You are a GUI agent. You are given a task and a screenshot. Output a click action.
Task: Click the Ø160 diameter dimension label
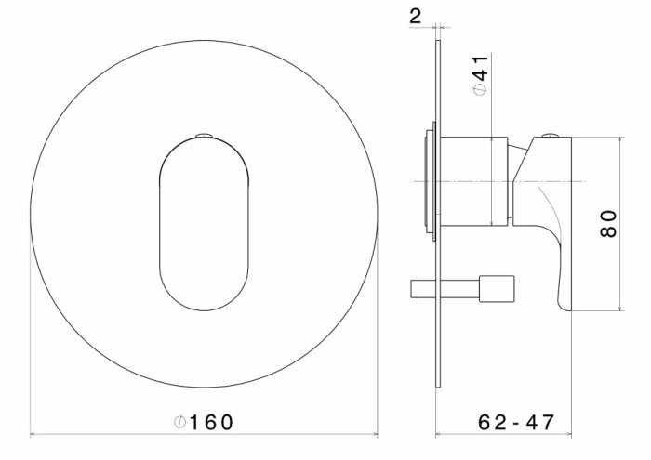point(204,422)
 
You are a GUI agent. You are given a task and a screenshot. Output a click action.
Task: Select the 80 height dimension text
point(608,224)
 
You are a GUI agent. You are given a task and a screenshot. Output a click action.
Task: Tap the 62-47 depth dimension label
point(516,422)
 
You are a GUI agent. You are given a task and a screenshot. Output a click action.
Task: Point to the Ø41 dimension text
point(481,75)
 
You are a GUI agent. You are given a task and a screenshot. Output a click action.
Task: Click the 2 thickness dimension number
point(415,16)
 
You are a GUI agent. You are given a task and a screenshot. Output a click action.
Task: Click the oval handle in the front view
point(205,223)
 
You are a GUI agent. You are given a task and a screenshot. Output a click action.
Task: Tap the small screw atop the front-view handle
point(205,136)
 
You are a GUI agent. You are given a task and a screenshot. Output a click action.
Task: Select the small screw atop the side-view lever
point(551,136)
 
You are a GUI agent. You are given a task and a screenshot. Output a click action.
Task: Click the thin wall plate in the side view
point(438,214)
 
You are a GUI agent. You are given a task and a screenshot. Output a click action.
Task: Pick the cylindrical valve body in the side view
point(474,181)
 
